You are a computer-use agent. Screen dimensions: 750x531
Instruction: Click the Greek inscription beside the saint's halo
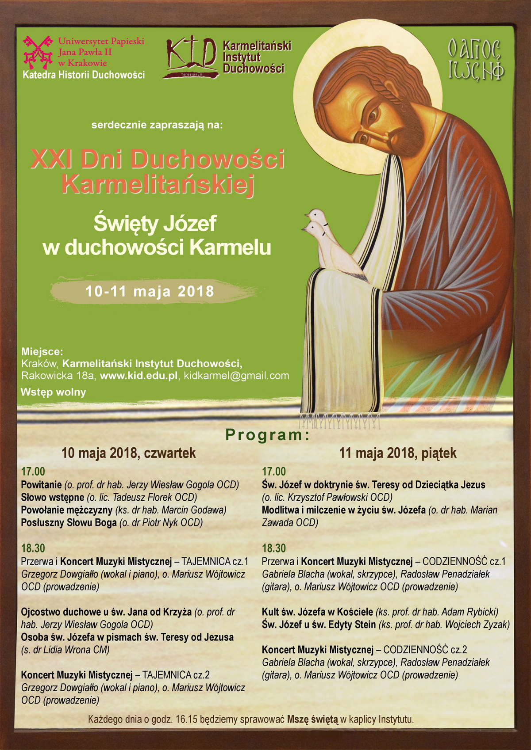475,60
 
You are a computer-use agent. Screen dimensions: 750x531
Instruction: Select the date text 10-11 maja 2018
150,292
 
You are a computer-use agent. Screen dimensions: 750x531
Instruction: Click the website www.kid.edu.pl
139,376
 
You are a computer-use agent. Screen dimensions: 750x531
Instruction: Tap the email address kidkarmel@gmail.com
236,376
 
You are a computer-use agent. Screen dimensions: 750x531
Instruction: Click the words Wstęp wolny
54,392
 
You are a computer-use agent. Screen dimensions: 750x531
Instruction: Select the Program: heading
267,435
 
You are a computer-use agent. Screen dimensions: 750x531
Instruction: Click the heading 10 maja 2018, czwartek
128,453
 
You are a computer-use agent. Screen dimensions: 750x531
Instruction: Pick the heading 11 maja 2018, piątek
397,453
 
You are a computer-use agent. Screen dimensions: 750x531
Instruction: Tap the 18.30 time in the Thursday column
33,548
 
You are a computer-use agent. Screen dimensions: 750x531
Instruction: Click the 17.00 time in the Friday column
274,472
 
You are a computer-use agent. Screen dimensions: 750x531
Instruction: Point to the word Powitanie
41,485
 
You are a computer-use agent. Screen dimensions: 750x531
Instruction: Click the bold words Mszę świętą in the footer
312,720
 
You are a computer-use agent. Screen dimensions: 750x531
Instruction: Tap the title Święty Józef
155,224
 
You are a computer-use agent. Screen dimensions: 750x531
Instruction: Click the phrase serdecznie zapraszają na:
157,125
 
